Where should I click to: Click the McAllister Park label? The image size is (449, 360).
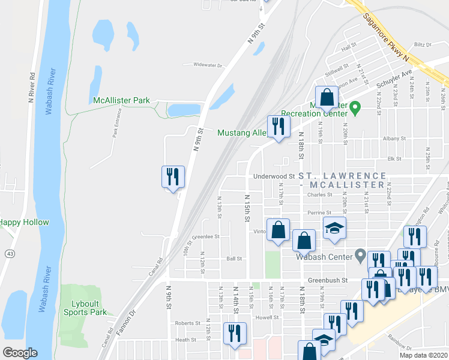click(x=121, y=101)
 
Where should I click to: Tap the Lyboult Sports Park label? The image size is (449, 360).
click(x=85, y=308)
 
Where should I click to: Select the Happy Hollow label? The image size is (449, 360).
click(x=24, y=222)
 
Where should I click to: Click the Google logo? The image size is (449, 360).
click(x=20, y=353)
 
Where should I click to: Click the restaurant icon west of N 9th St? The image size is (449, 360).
click(x=173, y=177)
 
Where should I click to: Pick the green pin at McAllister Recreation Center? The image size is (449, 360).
click(x=355, y=108)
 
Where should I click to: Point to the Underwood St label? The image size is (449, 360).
click(x=274, y=176)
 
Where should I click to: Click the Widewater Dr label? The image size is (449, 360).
click(x=207, y=65)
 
